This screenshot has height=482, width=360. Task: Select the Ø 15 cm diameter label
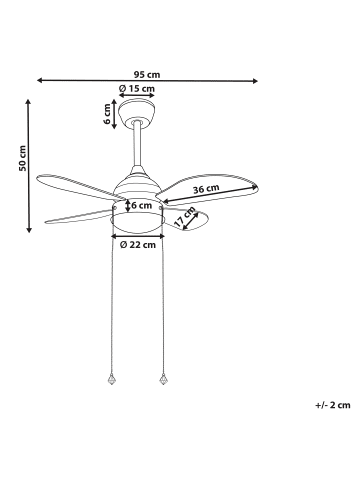point(137,89)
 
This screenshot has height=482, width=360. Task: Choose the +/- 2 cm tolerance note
point(332,404)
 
